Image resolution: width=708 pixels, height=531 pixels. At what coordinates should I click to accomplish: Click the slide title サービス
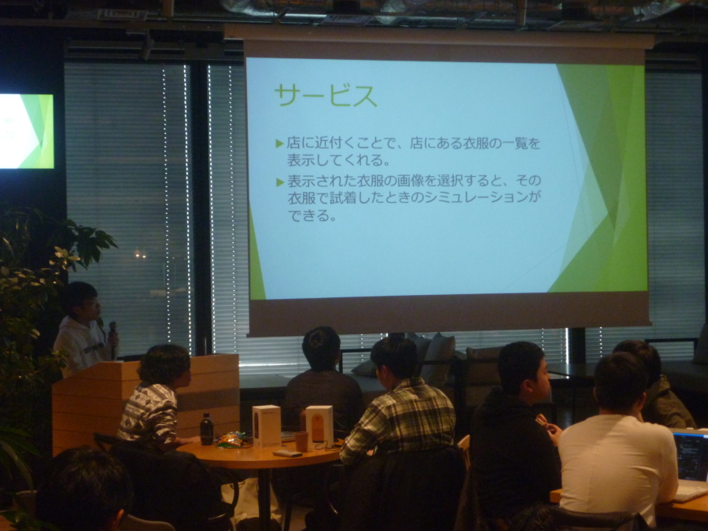click(x=326, y=95)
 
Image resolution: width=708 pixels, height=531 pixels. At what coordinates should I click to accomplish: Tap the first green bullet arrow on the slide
click(x=279, y=144)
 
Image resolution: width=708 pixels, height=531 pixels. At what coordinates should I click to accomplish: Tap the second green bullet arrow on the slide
click(x=279, y=182)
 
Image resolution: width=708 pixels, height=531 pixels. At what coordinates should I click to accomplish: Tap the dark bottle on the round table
click(x=206, y=429)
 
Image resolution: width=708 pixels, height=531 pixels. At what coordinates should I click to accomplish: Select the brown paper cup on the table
click(x=301, y=441)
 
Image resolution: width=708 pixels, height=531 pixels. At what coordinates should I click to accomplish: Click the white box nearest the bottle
click(x=267, y=426)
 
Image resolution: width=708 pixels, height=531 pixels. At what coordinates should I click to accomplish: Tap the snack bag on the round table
click(x=230, y=440)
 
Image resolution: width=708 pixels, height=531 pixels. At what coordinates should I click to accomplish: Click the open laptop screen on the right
click(x=691, y=457)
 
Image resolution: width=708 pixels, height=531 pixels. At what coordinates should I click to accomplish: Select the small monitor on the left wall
click(x=27, y=131)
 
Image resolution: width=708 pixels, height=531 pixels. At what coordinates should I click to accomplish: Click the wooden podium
click(x=145, y=402)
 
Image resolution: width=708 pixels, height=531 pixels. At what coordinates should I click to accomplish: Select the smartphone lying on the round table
click(x=287, y=453)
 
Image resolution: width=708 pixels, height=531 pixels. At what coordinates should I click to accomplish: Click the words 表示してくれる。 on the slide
click(x=338, y=160)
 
